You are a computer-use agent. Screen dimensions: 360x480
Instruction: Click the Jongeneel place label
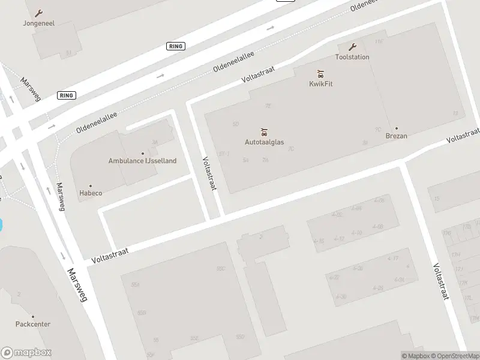(x=39, y=24)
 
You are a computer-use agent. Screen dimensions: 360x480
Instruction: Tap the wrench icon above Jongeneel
(x=39, y=13)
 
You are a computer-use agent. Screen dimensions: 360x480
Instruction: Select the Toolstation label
(x=352, y=57)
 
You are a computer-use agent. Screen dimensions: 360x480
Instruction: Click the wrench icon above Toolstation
(x=352, y=47)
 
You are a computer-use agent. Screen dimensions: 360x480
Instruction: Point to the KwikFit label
(x=321, y=83)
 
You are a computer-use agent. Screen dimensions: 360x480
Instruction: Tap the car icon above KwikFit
(x=321, y=74)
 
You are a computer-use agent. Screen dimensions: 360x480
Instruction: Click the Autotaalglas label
(x=264, y=142)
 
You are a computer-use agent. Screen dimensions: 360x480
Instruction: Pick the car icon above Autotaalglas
(x=264, y=132)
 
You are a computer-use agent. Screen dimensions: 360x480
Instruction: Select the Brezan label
(x=396, y=136)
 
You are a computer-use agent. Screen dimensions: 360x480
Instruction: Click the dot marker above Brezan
(x=396, y=128)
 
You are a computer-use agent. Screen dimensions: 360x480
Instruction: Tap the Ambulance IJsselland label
(x=142, y=161)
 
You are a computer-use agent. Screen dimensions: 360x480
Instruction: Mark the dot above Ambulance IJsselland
(x=142, y=153)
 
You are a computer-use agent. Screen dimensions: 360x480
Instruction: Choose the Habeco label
(x=91, y=194)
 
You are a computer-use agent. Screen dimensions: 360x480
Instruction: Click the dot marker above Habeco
(x=91, y=186)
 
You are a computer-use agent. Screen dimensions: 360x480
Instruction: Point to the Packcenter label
(x=33, y=324)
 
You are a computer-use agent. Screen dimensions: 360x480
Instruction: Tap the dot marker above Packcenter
(x=33, y=316)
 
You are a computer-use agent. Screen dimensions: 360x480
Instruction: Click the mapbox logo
(x=26, y=353)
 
